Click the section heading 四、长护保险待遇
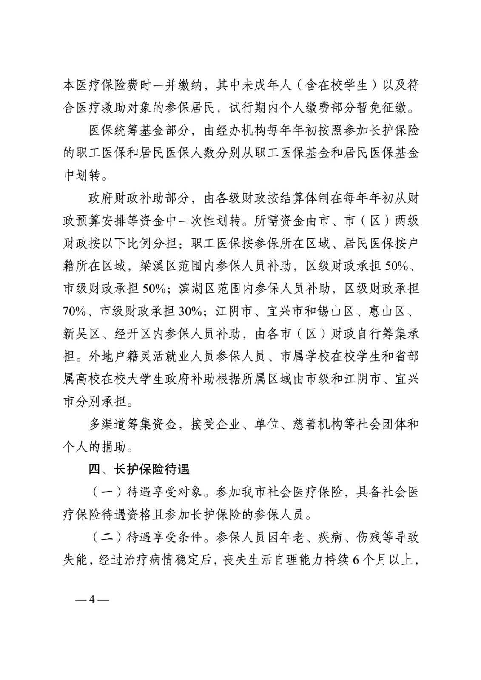click(139, 470)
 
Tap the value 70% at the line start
click(75, 312)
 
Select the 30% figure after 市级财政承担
click(191, 312)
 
